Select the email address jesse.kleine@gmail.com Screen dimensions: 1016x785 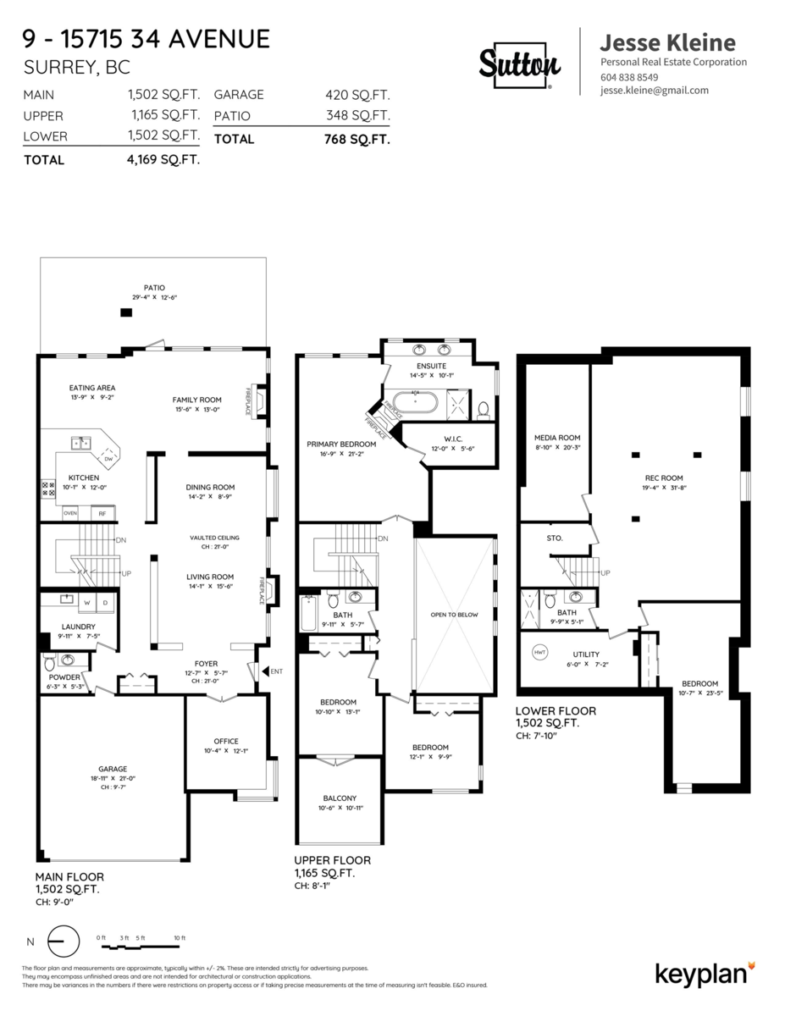coord(654,91)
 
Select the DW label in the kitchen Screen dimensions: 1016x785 coord(108,458)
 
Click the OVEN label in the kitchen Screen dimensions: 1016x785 coord(71,512)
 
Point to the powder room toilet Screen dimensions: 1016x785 coord(49,660)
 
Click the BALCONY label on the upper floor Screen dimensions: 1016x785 coord(339,798)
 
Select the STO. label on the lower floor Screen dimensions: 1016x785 coord(556,538)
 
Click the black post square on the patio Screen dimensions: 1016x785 coord(126,312)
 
